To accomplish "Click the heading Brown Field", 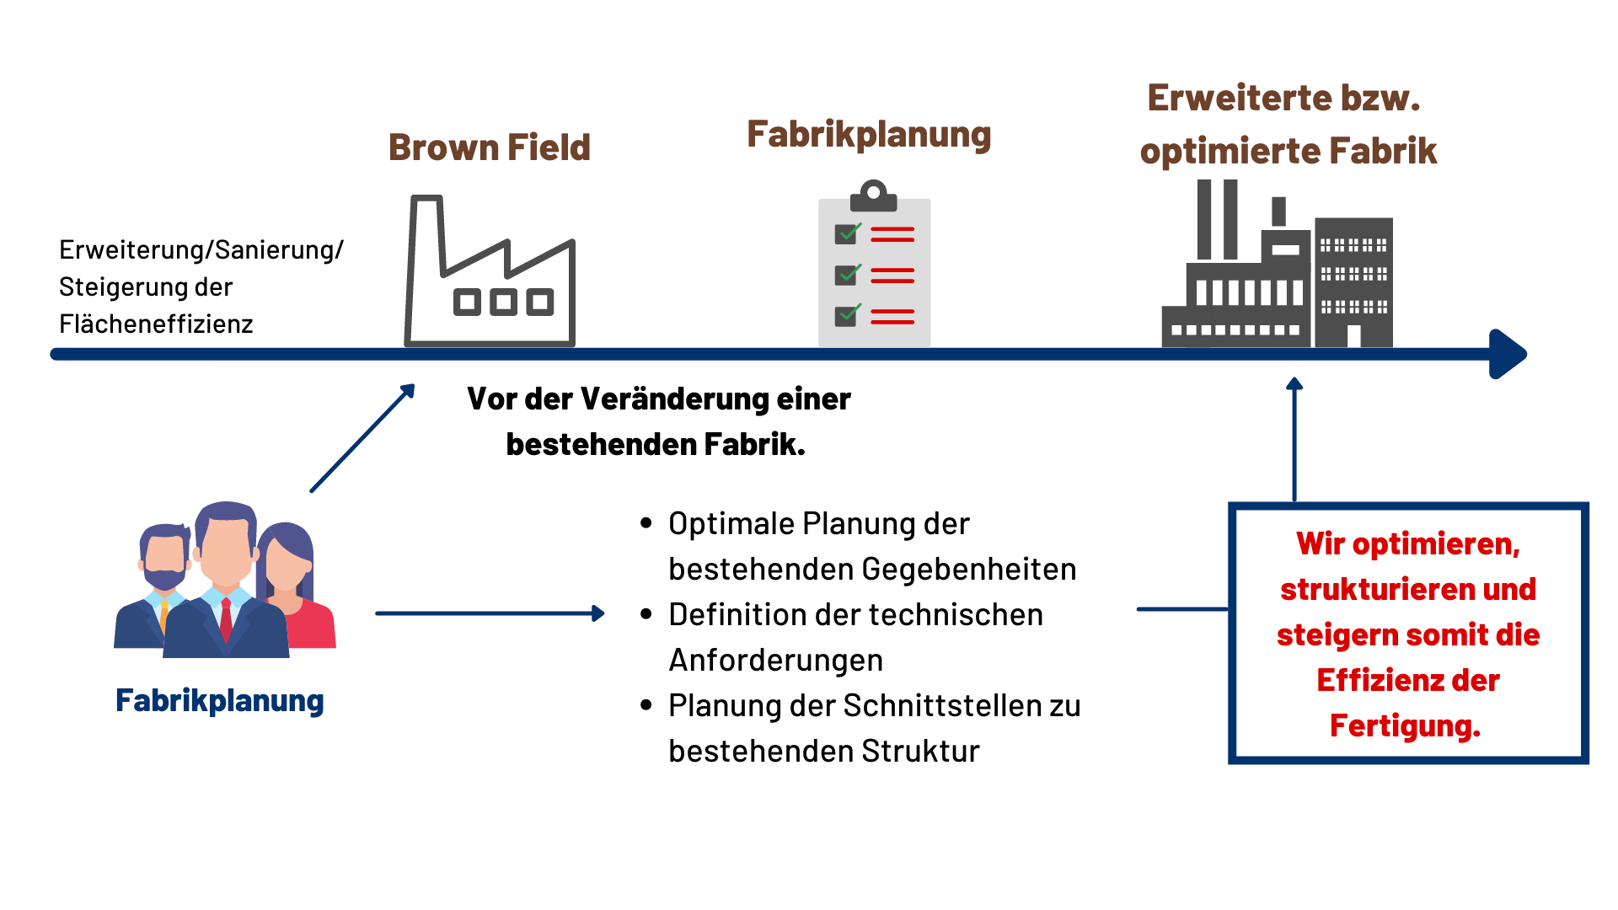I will coord(489,147).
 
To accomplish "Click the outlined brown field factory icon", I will coord(490,271).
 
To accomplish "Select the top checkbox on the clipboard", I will coord(846,233).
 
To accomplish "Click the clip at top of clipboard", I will coord(874,195).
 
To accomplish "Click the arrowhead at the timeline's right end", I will coord(1508,354).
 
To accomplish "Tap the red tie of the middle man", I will coord(226,619).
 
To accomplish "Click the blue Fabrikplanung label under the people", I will coord(219,701).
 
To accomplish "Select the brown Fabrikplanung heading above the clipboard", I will coord(868,135).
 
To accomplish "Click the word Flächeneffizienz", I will coord(156,324).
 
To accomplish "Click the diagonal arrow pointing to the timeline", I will coord(362,438).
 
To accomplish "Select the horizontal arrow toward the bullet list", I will coord(489,613).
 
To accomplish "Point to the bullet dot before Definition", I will coord(646,614).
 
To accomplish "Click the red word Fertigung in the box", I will coord(1404,726).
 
